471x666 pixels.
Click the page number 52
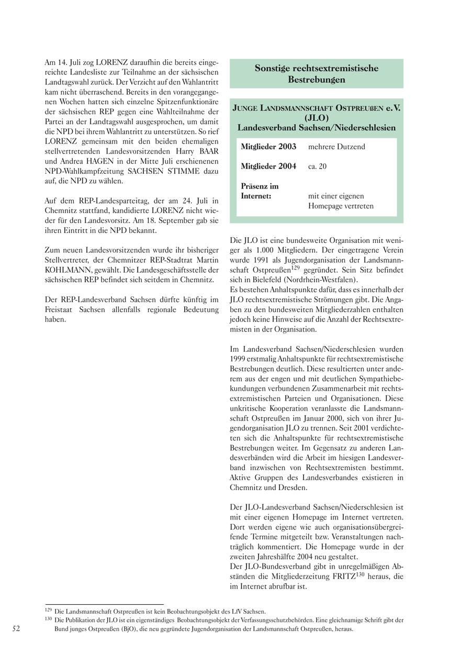(x=16, y=629)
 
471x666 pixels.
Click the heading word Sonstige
(x=273, y=68)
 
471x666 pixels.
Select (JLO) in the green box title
(x=316, y=118)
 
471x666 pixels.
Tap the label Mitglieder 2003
(x=268, y=147)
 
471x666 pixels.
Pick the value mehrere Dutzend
(x=337, y=147)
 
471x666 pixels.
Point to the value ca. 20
(x=317, y=167)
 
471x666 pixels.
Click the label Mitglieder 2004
(x=268, y=167)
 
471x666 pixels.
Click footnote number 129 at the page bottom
(x=48, y=610)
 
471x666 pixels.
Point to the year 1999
(x=239, y=359)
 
